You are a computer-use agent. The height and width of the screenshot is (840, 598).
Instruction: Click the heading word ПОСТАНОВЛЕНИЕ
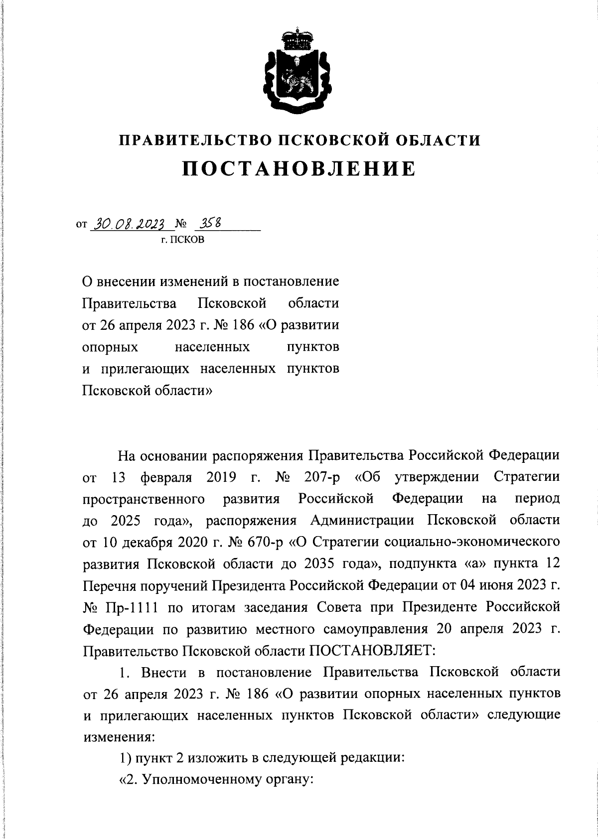pos(299,169)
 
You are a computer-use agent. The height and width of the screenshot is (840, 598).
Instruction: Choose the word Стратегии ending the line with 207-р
pos(526,477)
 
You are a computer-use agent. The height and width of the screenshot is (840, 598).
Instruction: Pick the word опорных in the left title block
pos(110,347)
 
